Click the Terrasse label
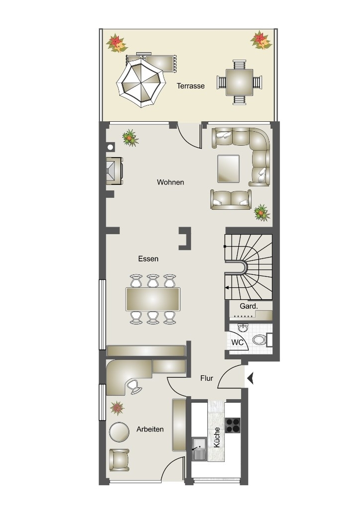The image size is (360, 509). (190, 86)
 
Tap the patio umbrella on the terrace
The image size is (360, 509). (141, 83)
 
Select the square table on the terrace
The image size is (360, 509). (239, 82)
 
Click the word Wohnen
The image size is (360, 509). (171, 182)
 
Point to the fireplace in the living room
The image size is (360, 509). (114, 171)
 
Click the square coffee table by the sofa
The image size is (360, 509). (229, 169)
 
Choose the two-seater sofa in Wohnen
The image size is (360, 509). (231, 199)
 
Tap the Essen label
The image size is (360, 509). (148, 258)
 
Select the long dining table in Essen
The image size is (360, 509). (153, 299)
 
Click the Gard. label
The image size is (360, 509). (249, 306)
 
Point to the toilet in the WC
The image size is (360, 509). (261, 340)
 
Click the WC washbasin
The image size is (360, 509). (242, 328)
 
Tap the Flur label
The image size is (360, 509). (206, 378)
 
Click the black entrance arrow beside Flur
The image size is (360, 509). (250, 378)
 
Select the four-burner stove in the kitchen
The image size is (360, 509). (233, 425)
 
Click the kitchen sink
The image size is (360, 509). (199, 449)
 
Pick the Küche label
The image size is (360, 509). (217, 437)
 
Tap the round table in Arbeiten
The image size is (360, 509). (119, 432)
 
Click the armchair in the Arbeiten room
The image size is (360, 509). (119, 460)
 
